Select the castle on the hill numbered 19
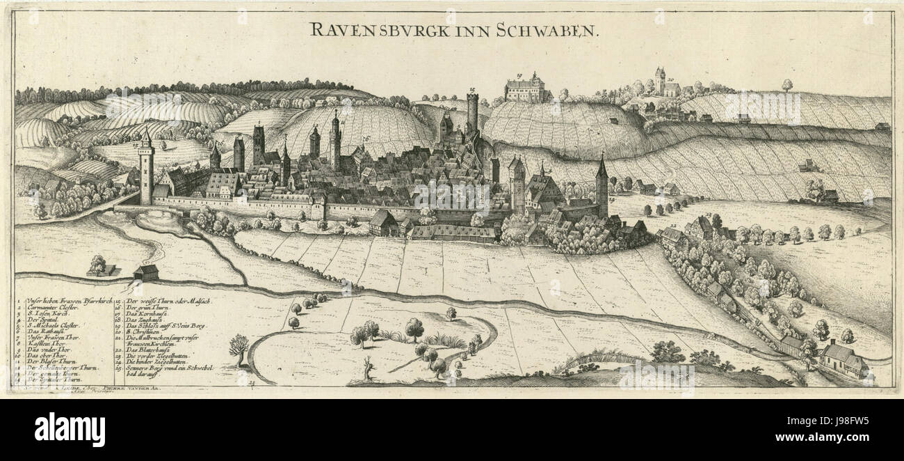(x=525, y=89)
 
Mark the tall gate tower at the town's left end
(x=145, y=171)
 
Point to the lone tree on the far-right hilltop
(x=786, y=85)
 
